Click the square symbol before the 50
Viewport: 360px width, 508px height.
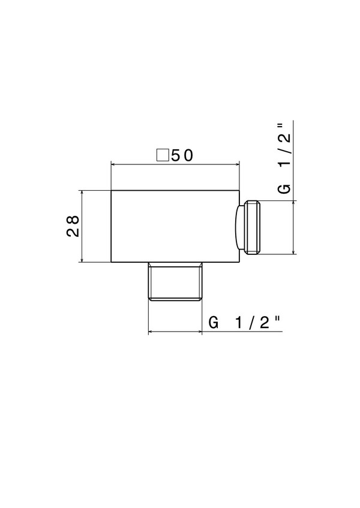click(163, 155)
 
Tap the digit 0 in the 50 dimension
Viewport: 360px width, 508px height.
click(188, 155)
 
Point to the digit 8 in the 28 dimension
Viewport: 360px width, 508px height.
click(74, 220)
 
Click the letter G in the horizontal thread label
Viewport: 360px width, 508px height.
click(214, 323)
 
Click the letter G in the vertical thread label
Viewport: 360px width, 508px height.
click(284, 188)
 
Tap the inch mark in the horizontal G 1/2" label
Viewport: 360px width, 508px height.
click(277, 319)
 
